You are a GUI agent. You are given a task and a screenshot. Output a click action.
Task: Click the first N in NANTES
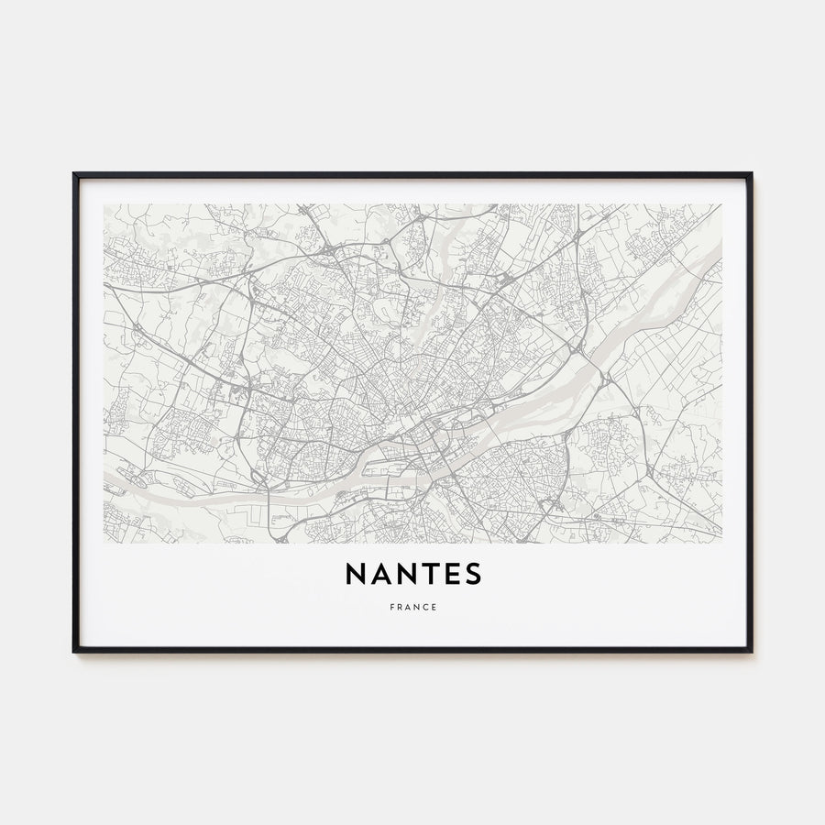(357, 574)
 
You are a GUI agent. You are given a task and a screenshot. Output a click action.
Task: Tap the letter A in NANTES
(381, 574)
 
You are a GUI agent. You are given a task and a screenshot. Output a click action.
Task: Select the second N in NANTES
(407, 574)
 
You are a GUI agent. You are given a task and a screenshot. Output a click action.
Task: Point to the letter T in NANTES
(430, 574)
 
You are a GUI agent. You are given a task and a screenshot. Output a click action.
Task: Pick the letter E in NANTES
(451, 574)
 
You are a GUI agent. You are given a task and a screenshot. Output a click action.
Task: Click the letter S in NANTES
(472, 574)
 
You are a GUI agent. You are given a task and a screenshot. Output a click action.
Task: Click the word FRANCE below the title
(412, 607)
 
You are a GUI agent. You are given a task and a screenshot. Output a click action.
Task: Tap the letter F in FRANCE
(390, 607)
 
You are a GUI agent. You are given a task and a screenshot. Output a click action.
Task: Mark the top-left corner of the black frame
(74, 173)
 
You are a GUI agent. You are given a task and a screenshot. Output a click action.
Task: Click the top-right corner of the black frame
(751, 173)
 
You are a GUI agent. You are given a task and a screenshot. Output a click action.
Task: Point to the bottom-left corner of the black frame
(74, 651)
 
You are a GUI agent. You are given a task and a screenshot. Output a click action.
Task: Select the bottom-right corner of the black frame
(751, 651)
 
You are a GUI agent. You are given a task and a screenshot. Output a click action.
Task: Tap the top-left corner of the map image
(104, 204)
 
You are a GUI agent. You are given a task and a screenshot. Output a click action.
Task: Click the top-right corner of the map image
(721, 204)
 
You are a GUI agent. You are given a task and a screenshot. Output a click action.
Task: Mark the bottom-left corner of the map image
(104, 543)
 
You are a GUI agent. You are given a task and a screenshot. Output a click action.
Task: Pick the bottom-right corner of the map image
(721, 543)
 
